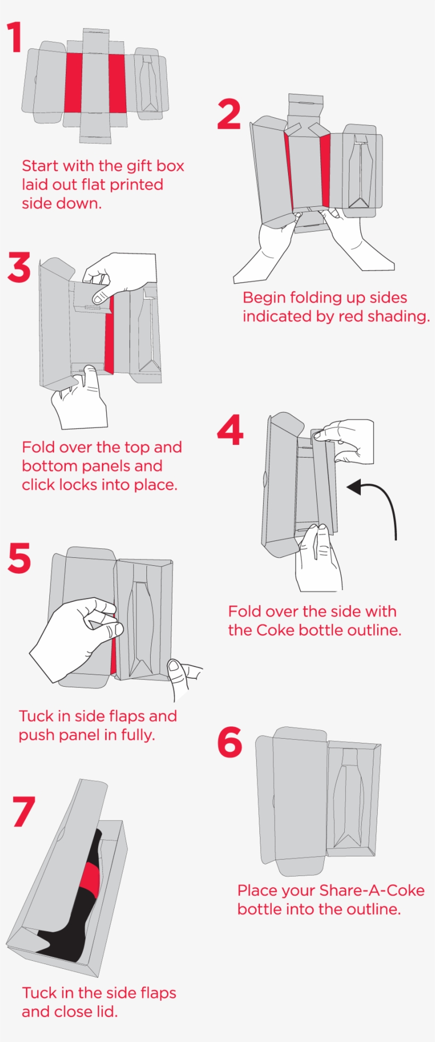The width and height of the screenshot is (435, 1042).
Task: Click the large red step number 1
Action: tap(15, 37)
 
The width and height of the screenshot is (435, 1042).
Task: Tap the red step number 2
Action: tap(229, 114)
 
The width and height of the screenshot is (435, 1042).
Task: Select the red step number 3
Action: tap(20, 267)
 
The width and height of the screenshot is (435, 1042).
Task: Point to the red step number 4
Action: tap(230, 430)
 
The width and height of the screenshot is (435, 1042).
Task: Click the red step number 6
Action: tap(230, 742)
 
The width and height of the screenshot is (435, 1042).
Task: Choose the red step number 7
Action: tap(24, 811)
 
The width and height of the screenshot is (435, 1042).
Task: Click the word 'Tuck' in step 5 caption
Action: tap(37, 716)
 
